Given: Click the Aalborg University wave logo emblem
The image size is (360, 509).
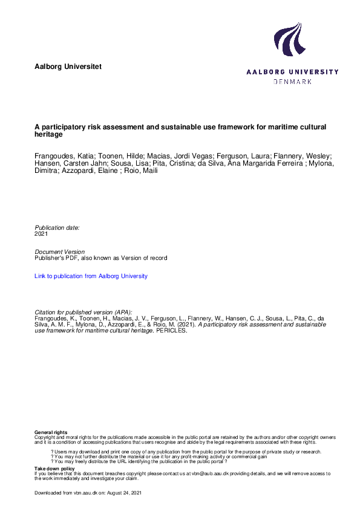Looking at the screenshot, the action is coord(288,41).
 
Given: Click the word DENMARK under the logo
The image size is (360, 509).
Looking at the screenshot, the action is coord(293,81).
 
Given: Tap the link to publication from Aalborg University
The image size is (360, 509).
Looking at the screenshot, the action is coord(91,276).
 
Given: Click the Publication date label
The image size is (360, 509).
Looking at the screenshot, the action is coord(57,227).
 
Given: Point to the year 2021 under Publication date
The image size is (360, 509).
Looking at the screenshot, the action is coord(41,233).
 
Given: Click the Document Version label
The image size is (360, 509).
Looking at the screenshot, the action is coord(60,251).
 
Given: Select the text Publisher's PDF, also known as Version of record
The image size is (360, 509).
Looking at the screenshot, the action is coord(100,258).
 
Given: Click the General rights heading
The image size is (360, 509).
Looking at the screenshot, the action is coord(51,432).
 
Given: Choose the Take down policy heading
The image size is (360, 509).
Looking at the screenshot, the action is coord(54,468).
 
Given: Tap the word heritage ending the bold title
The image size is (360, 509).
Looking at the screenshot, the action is coord(49,134).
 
